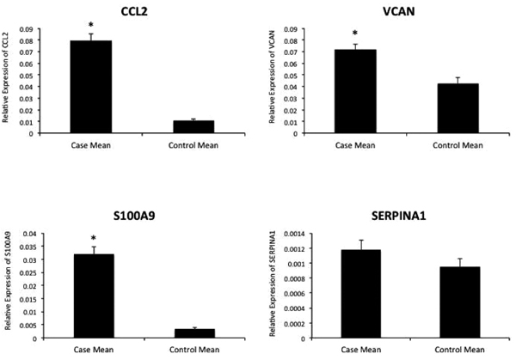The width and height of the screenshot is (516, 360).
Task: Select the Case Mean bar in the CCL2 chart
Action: (x=90, y=87)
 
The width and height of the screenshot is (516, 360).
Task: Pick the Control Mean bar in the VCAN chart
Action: (x=445, y=107)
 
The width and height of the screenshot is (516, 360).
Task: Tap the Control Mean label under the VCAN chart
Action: (x=445, y=143)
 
